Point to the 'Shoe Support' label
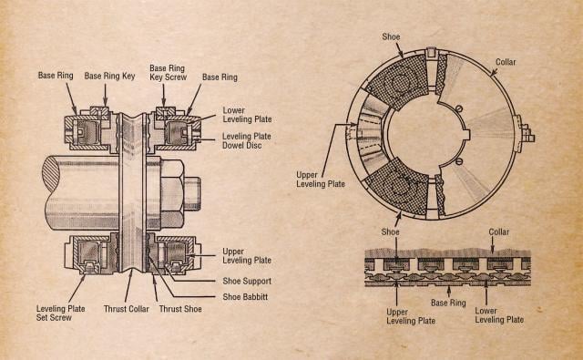pos(249,280)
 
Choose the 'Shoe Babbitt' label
pos(249,295)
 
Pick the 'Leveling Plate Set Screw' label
pos(61,314)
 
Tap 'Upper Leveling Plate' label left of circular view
pos(322,178)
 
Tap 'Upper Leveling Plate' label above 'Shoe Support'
pos(246,255)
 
